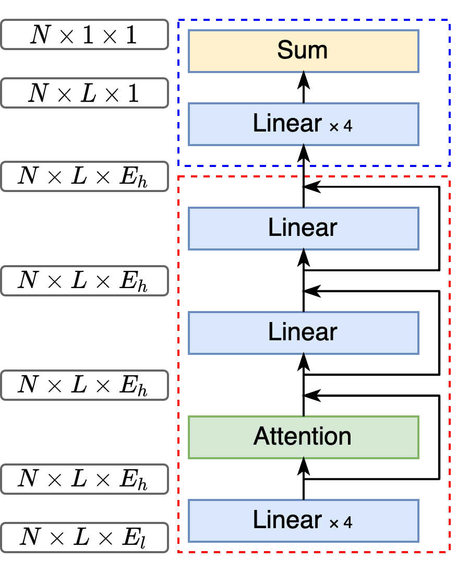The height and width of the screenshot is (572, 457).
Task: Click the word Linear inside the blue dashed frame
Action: coord(287,124)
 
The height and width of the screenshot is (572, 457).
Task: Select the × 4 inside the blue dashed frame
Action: coord(341,126)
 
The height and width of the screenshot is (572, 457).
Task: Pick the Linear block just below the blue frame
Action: coord(303,228)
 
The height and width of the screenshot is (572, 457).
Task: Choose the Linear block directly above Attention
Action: coord(303,332)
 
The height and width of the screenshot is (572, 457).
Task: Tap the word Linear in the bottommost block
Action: coord(287,520)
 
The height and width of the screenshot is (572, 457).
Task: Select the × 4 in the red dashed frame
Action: coord(341,523)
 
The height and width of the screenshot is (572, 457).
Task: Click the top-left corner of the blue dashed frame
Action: coord(178,20)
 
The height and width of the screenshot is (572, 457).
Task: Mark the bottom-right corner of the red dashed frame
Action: coord(449,552)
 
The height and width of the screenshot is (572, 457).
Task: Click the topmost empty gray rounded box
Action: coord(85,34)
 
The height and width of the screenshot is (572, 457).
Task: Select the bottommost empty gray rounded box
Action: coord(85,538)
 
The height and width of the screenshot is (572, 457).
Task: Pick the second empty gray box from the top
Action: coord(85,93)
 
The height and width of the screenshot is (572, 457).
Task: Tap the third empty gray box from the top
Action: coord(85,176)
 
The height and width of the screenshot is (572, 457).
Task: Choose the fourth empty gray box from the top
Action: coord(85,281)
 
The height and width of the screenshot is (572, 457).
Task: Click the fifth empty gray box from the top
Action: coord(85,385)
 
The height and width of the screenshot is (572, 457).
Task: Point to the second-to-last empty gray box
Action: coord(85,479)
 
